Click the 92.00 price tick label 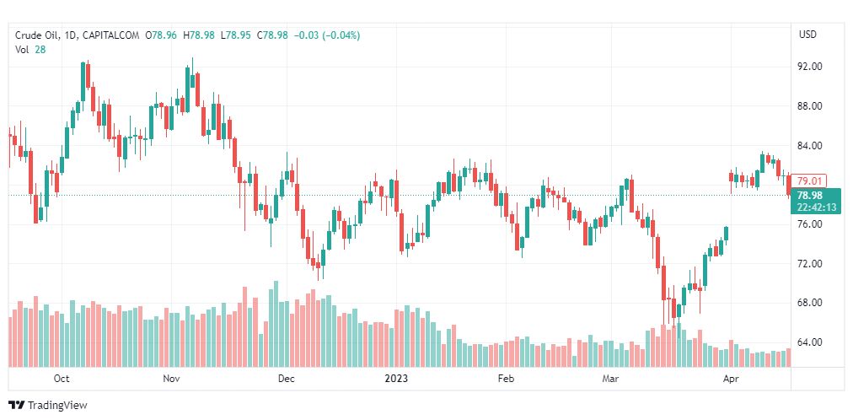pos(809,67)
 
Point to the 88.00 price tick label pos(809,106)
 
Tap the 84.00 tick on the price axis pos(809,146)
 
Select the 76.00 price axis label pos(809,224)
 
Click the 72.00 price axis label pos(809,264)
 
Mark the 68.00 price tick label pos(809,303)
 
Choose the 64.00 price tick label pos(809,342)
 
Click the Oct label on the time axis pos(61,380)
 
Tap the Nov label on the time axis pos(172,380)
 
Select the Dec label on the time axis pos(286,380)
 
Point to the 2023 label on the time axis pos(396,380)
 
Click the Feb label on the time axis pos(506,380)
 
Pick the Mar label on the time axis pos(610,380)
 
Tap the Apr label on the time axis pos(731,380)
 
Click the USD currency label pos(807,35)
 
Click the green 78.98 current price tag pos(813,195)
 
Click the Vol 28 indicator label pos(30,50)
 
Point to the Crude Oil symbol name pos(39,35)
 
